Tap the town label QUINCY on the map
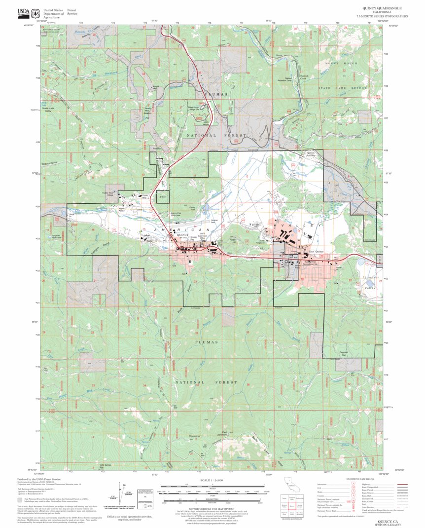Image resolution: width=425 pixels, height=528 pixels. (x=182, y=235)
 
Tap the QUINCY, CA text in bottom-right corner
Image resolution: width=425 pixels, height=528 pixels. (x=388, y=521)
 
